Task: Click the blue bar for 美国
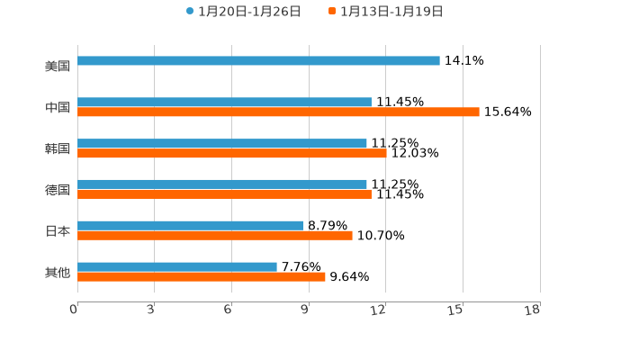(258, 60)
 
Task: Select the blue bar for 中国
(224, 102)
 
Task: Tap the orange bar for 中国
(278, 112)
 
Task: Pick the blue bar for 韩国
(222, 143)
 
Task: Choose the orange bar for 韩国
(232, 154)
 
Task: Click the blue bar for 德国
(222, 184)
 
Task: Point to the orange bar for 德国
(224, 194)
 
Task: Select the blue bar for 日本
(191, 225)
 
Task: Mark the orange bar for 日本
(215, 236)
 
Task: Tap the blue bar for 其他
(177, 266)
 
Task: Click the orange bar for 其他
(202, 277)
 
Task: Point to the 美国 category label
(58, 66)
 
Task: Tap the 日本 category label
(58, 230)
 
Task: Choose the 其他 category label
(58, 272)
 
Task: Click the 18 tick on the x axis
(533, 310)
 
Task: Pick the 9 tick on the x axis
(305, 310)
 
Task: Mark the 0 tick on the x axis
(74, 310)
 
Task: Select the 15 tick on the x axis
(455, 310)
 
